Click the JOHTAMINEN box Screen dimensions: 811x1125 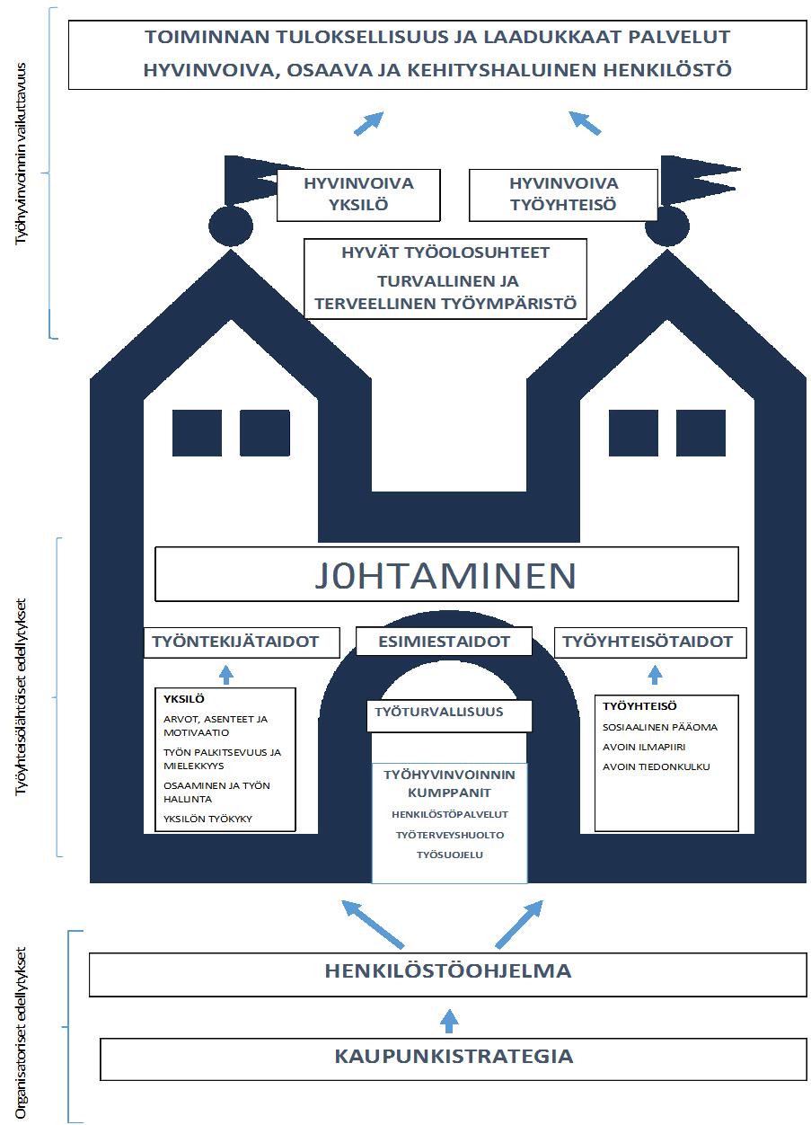coord(446,574)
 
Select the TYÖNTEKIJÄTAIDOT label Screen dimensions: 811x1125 coord(236,642)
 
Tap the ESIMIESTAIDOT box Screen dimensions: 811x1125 coord(444,642)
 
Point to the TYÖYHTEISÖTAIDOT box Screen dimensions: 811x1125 coord(650,642)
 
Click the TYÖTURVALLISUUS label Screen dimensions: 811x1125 coord(438,712)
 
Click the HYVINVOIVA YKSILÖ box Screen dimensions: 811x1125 coord(358,195)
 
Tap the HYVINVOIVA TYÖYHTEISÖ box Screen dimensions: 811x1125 coord(563,195)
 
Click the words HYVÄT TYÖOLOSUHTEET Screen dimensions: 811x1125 coord(445,252)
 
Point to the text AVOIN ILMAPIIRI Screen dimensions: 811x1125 coord(644,747)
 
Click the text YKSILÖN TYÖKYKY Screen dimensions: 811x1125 coord(207,819)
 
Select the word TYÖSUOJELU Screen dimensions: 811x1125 coord(450,855)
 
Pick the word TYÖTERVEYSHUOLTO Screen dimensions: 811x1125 coord(450,835)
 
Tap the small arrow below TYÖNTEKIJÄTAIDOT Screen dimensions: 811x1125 coord(226,675)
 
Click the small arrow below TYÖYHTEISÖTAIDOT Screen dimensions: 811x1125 coord(655,675)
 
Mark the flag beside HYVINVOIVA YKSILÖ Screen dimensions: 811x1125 coord(251,180)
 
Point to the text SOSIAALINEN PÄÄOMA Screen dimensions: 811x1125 coord(660,727)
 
